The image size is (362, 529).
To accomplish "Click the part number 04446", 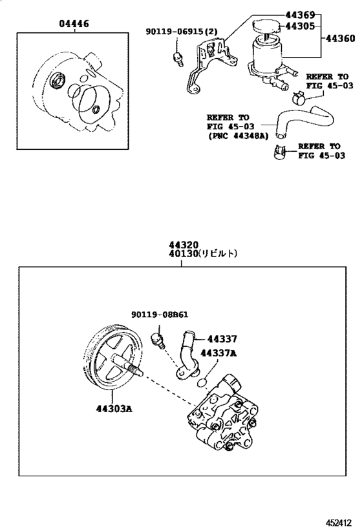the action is [x=74, y=24].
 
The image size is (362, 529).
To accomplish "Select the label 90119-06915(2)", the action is [x=182, y=32].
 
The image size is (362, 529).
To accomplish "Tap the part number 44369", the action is [x=300, y=15].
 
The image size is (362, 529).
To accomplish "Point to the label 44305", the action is [x=300, y=26].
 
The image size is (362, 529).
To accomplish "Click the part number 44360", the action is [x=341, y=39].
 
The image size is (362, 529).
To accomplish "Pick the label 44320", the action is [x=184, y=245].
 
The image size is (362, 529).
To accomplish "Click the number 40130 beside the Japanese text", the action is [x=184, y=253].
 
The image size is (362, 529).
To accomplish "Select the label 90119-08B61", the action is [x=160, y=315].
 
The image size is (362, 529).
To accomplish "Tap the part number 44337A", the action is [x=218, y=353].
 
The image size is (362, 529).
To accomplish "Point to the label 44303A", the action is [x=114, y=409].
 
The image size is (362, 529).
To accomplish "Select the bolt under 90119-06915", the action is [x=178, y=59].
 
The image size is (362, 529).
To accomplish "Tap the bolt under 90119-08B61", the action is [x=158, y=340].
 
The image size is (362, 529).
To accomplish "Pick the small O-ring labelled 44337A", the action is [x=202, y=382].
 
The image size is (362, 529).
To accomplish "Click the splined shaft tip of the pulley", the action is [x=138, y=371].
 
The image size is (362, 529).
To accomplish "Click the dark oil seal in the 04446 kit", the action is [x=58, y=79].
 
